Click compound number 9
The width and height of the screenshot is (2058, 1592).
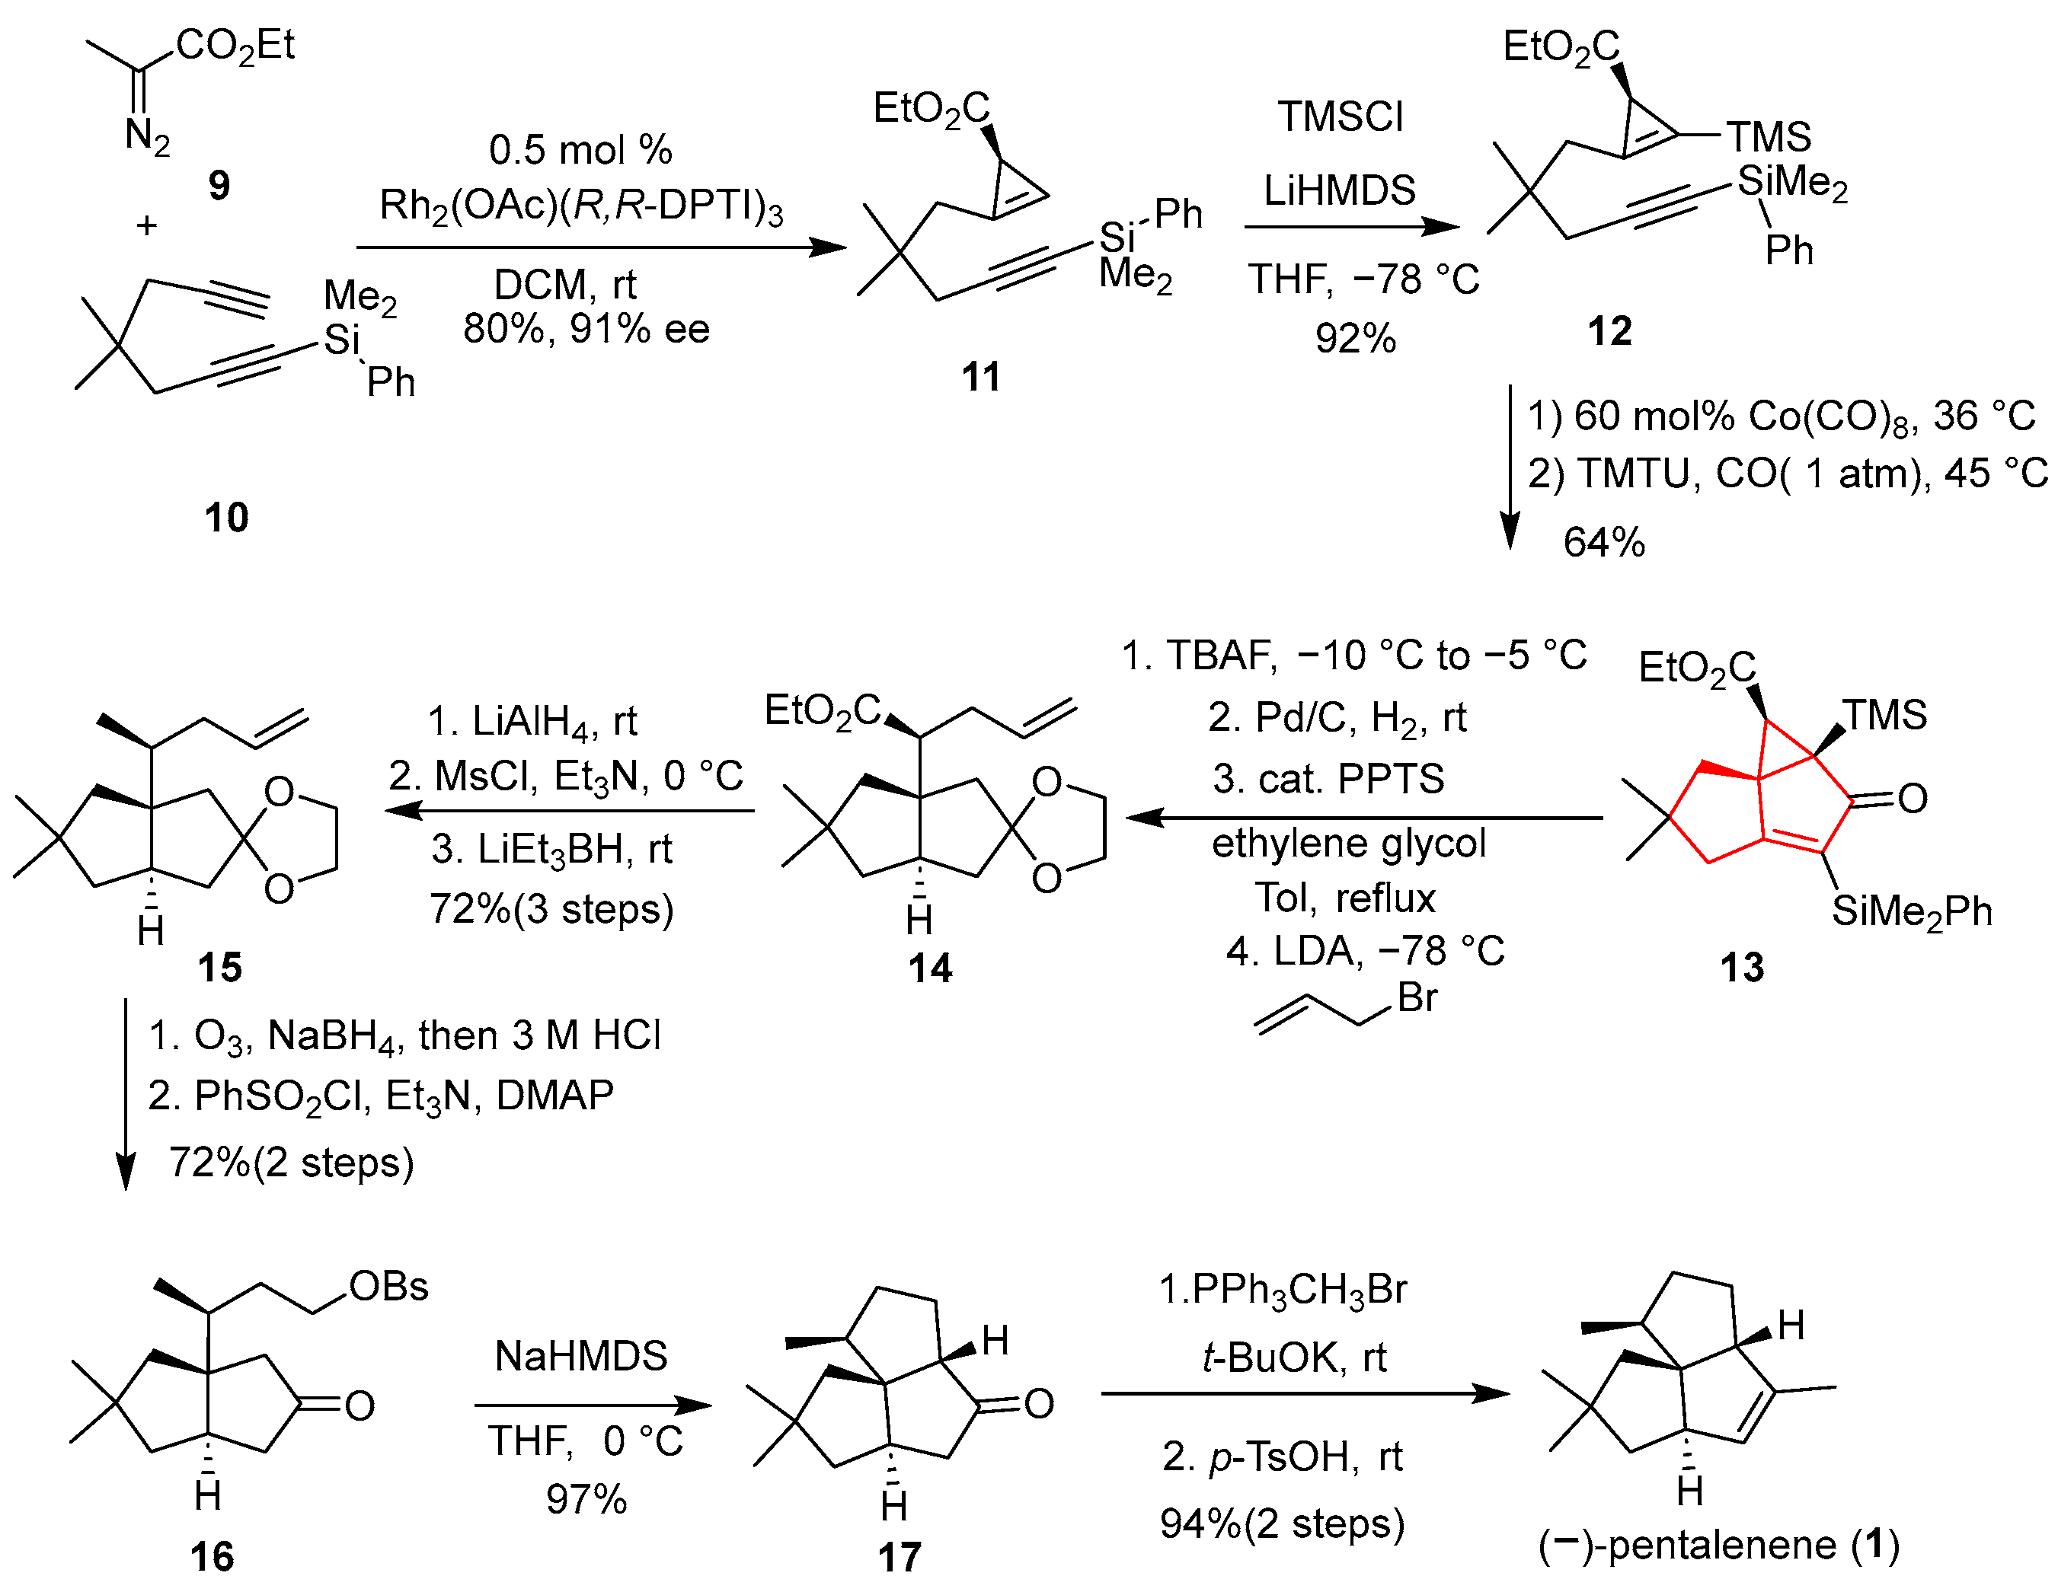tap(219, 186)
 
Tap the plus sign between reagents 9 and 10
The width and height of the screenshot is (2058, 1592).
tap(146, 226)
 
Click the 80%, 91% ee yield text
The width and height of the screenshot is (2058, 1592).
tap(586, 329)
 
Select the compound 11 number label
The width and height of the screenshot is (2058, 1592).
tap(980, 378)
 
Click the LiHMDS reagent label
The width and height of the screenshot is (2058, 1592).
tap(1339, 191)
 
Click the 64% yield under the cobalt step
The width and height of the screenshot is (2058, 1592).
tap(1604, 543)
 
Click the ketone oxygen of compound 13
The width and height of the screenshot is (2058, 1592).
tap(1912, 799)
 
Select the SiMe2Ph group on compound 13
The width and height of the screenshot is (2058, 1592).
tap(1911, 911)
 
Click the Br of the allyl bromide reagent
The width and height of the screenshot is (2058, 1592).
tap(1417, 997)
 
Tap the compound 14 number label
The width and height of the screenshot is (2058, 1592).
tap(930, 968)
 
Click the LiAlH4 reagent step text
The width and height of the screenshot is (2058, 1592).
tap(532, 722)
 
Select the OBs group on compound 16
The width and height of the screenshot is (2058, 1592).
tap(388, 1287)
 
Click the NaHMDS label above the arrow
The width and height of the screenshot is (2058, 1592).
tap(580, 1357)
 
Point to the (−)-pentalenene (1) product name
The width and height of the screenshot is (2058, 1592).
tap(1718, 1546)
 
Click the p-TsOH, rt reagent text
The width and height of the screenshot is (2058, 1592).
tap(1283, 1457)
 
